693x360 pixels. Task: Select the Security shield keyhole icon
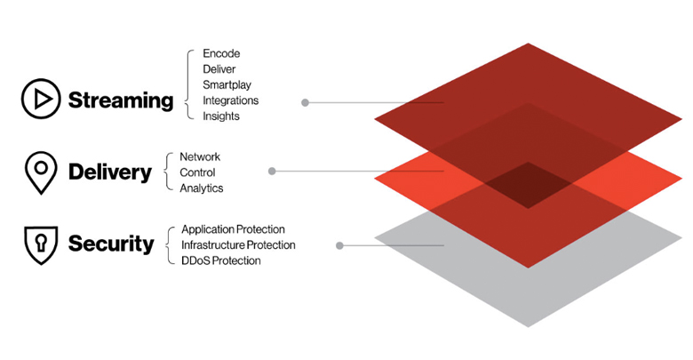click(41, 243)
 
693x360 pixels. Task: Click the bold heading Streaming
click(120, 100)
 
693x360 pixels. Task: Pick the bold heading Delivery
click(110, 172)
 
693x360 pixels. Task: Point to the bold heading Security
click(111, 244)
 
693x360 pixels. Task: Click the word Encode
click(221, 53)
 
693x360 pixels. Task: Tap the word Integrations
click(231, 100)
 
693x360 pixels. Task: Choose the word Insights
click(221, 116)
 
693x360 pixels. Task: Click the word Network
click(200, 156)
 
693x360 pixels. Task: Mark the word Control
click(197, 172)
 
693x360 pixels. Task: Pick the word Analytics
click(202, 188)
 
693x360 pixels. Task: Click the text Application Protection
click(233, 229)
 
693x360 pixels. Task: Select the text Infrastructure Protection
click(238, 244)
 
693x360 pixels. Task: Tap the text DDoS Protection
click(221, 260)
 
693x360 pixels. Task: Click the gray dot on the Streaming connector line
click(305, 102)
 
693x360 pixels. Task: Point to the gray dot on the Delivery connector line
click(272, 171)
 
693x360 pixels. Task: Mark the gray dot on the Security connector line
click(340, 245)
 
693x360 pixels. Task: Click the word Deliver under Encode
click(220, 68)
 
